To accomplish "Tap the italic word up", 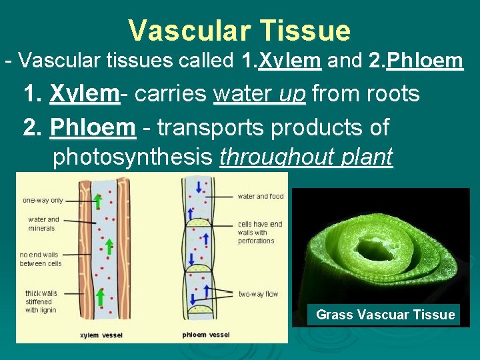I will point(292,94).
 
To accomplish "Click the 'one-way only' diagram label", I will point(43,200).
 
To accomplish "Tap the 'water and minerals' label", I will point(43,223).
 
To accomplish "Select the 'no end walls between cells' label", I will point(41,259).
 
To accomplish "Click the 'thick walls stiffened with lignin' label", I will point(41,302).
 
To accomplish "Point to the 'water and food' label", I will point(261,196).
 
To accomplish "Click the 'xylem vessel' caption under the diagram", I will point(101,335).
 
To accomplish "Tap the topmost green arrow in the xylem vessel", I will point(97,201).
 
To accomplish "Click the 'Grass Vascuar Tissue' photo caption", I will point(385,315).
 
